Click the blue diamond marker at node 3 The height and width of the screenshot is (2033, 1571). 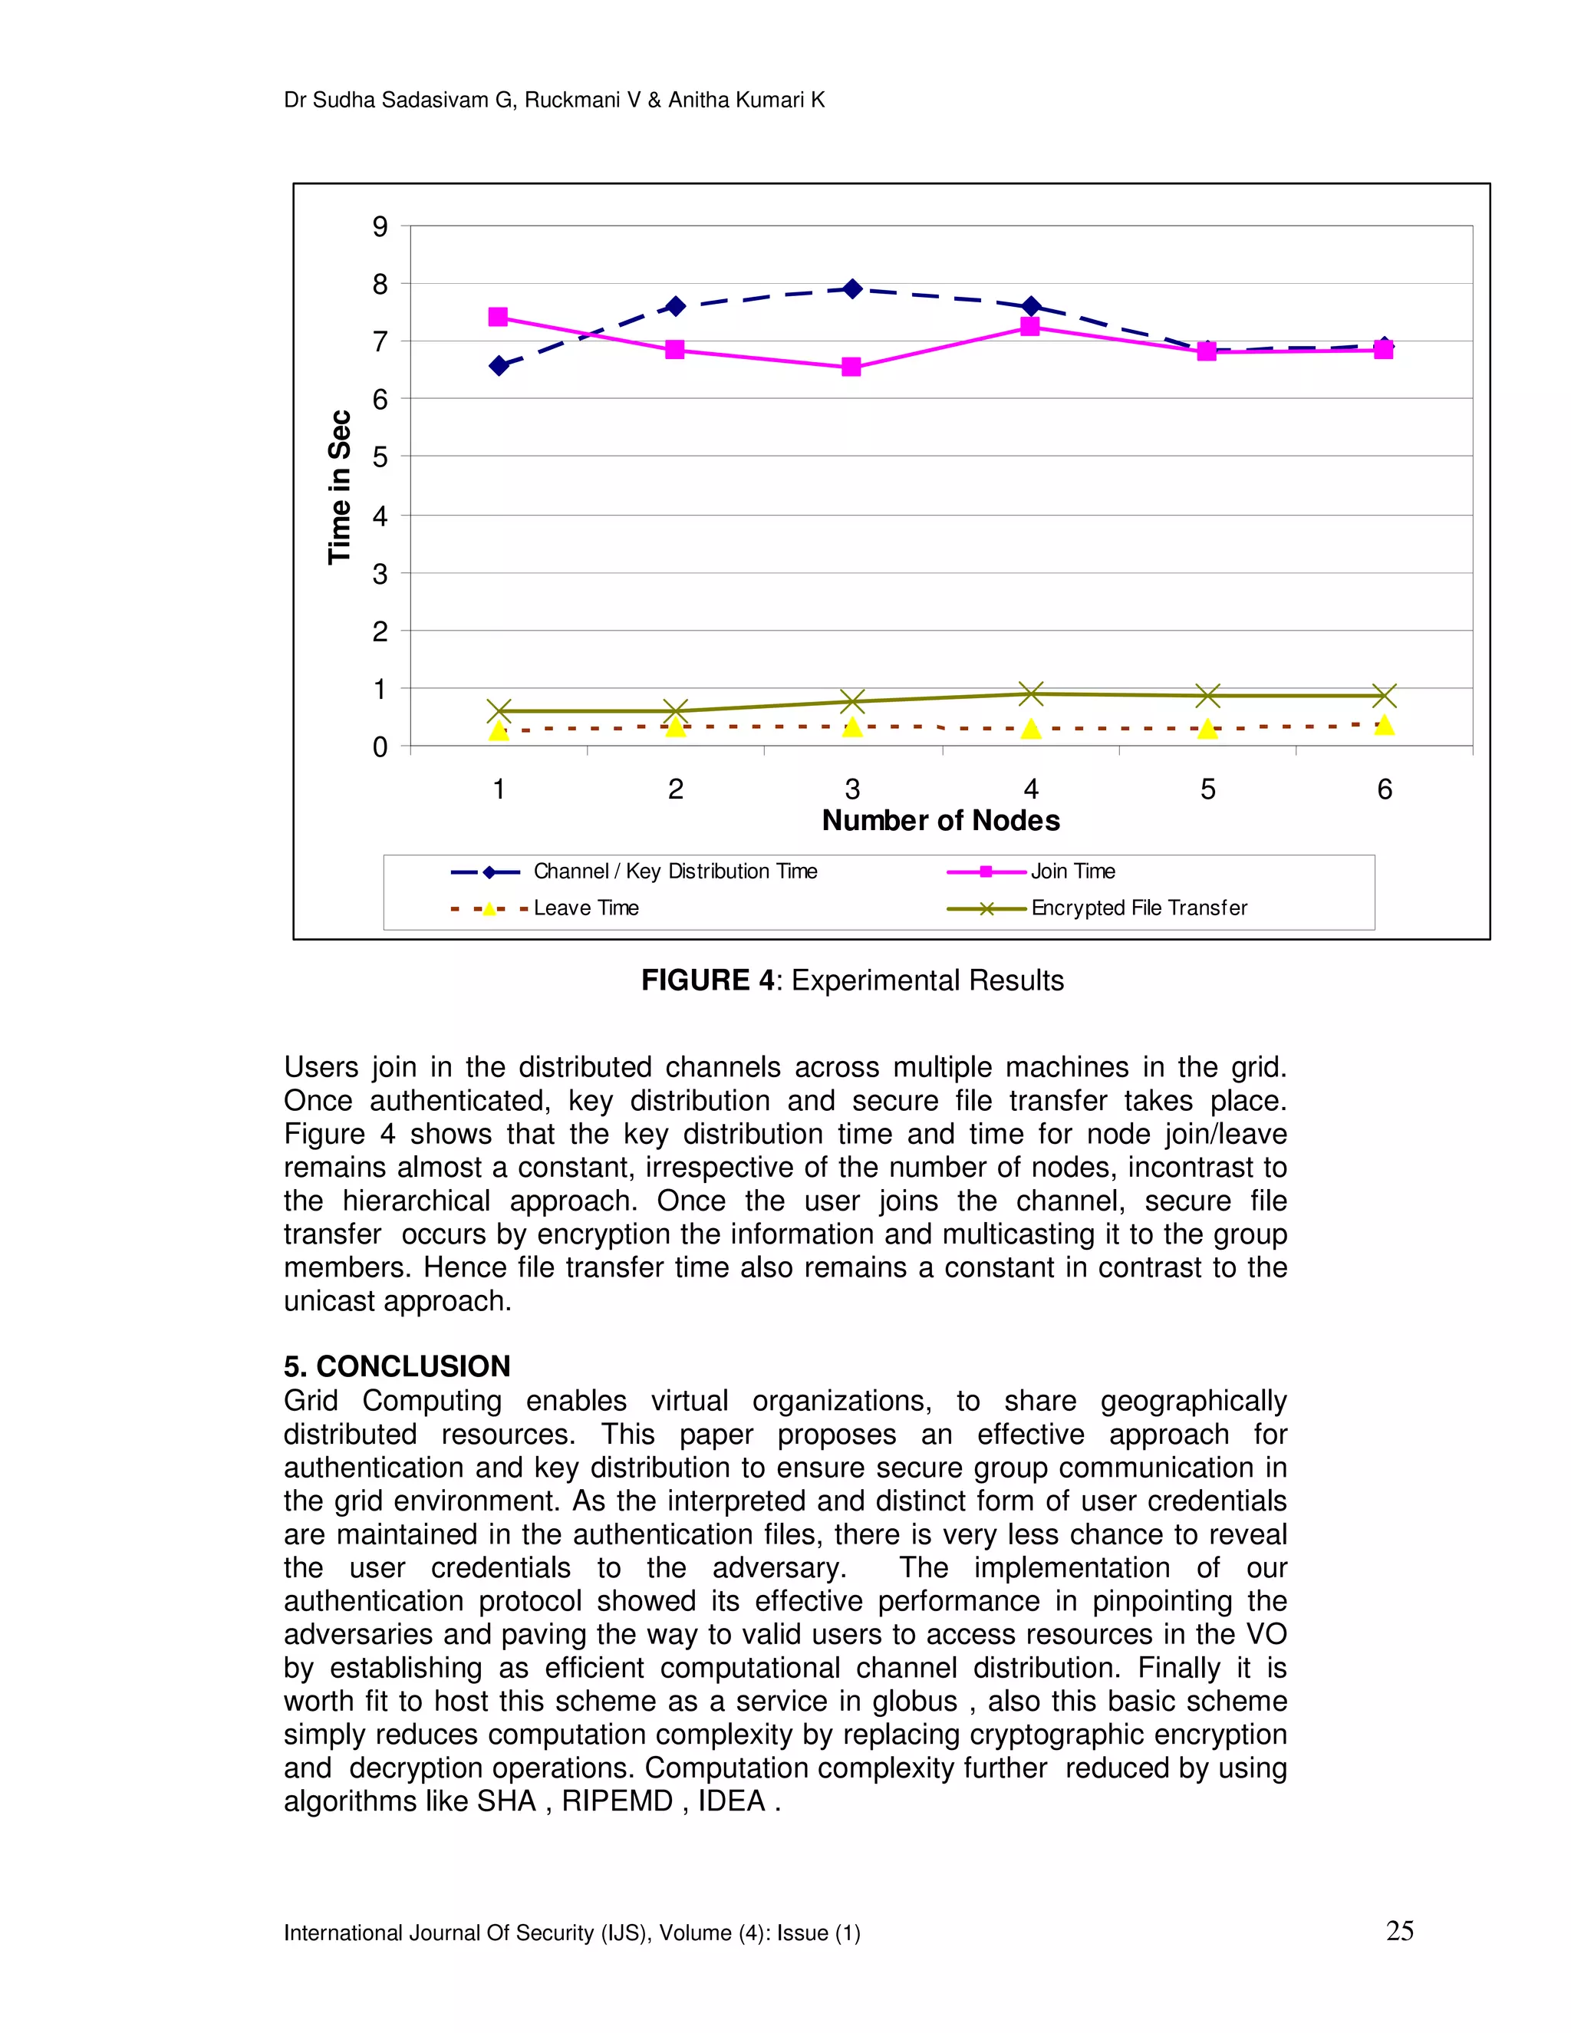(851, 288)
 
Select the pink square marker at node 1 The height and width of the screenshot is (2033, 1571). (498, 318)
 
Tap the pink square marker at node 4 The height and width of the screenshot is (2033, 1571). (1029, 326)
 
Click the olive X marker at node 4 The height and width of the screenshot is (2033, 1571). (1030, 694)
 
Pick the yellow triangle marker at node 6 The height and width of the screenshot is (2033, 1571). (1384, 725)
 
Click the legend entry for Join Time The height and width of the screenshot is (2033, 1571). (1072, 872)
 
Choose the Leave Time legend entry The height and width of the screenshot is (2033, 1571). (585, 908)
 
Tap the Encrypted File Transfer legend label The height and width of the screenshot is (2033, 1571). (1138, 908)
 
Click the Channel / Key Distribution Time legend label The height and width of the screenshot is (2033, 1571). (675, 872)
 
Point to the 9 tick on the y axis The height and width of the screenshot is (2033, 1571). (380, 226)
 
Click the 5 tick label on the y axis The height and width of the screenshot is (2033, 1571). (380, 457)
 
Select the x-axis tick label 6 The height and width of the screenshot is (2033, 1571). (1384, 789)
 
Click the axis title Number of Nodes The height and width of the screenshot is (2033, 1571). (940, 821)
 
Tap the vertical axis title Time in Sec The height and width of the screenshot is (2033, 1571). (340, 487)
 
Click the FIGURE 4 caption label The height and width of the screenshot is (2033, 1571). (707, 980)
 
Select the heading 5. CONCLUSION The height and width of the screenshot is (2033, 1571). (397, 1366)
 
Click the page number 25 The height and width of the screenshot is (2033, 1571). (1399, 1932)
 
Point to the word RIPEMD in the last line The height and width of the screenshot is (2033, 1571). (616, 1802)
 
